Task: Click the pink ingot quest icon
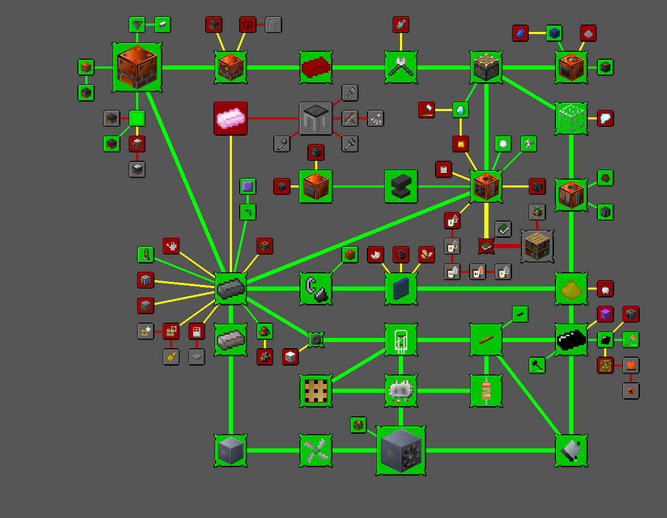pyautogui.click(x=231, y=118)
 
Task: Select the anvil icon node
pyautogui.click(x=401, y=186)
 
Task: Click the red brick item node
pyautogui.click(x=316, y=67)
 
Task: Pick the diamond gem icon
pyautogui.click(x=461, y=110)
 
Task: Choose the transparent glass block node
pyautogui.click(x=571, y=118)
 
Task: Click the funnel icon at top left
pyautogui.click(x=137, y=25)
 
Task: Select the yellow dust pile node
pyautogui.click(x=571, y=289)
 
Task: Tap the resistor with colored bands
pyautogui.click(x=486, y=391)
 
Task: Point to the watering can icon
pyautogui.click(x=171, y=246)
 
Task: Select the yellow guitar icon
pyautogui.click(x=171, y=357)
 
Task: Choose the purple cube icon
pyautogui.click(x=605, y=314)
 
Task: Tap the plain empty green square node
pyautogui.click(x=137, y=118)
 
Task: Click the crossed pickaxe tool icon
pyautogui.click(x=350, y=118)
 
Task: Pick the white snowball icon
pyautogui.click(x=503, y=144)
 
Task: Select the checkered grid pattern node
pyautogui.click(x=316, y=391)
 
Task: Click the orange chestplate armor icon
pyautogui.click(x=631, y=365)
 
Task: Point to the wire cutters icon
pyautogui.click(x=401, y=67)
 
